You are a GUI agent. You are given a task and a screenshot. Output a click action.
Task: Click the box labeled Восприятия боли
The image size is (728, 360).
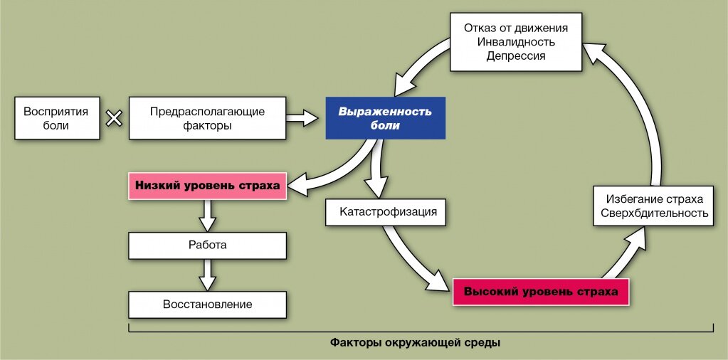[x=57, y=118]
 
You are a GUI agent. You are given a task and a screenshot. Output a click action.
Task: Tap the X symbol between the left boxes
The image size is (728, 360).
[x=114, y=118]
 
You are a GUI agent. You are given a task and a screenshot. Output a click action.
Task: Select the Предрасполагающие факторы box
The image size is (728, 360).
[x=207, y=118]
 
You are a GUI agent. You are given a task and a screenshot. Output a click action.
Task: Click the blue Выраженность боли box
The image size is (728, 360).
[x=386, y=118]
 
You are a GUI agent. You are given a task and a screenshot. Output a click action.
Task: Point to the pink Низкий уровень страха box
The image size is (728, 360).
[x=207, y=186]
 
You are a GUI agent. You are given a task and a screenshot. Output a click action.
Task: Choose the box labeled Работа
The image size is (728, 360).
[x=207, y=245]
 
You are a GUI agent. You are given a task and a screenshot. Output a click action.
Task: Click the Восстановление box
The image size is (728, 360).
[x=207, y=305]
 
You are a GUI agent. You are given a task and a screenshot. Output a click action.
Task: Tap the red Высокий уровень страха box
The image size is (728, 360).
[x=541, y=292]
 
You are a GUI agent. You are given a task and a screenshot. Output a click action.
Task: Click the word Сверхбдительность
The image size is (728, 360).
[x=655, y=213]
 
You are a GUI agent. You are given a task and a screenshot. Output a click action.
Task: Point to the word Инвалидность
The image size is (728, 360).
[x=516, y=42]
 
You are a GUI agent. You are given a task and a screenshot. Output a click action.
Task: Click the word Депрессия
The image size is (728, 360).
[x=516, y=56]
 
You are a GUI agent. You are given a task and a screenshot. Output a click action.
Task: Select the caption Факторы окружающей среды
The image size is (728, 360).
[x=416, y=344]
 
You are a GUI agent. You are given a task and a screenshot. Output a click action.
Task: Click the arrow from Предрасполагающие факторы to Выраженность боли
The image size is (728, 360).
[x=302, y=118]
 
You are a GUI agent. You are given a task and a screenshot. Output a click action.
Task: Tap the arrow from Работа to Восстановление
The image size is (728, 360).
[x=207, y=275]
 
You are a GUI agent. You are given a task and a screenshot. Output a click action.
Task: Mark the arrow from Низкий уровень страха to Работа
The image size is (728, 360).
[x=207, y=216]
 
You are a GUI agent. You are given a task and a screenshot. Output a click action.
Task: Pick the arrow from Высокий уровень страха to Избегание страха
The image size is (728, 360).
[x=624, y=254]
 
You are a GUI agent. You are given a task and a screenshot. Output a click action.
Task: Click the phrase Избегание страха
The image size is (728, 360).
[x=655, y=199]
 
